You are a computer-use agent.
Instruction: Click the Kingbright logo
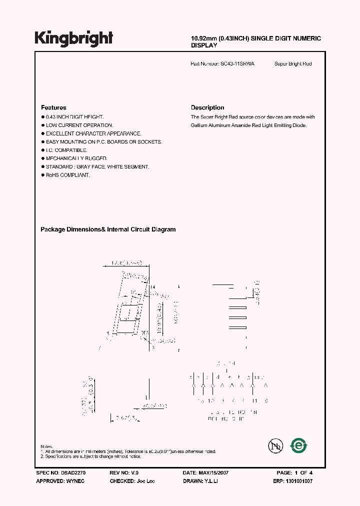point(73,38)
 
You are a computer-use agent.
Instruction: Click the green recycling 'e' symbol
point(299,445)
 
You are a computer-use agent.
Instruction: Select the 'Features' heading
point(53,107)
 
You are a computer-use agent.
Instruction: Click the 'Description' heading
point(207,107)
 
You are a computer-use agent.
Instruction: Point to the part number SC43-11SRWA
point(237,64)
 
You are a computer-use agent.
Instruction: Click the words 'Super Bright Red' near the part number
point(293,64)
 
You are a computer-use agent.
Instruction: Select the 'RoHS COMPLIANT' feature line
point(67,175)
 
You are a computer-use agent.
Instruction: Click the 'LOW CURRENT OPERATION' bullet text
point(79,125)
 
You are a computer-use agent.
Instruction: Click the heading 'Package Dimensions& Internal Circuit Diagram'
point(108,229)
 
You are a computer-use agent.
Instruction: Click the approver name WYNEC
point(76,480)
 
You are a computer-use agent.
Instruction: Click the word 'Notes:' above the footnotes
point(46,446)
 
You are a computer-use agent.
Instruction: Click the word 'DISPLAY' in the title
point(204,45)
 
